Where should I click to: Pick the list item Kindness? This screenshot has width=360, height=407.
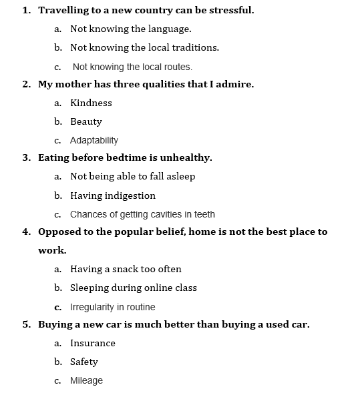(x=91, y=103)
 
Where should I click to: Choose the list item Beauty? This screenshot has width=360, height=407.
(x=86, y=121)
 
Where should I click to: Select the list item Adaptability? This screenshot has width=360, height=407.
(x=94, y=140)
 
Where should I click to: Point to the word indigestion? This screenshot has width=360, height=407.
(x=132, y=195)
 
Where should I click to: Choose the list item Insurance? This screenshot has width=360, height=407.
(x=93, y=343)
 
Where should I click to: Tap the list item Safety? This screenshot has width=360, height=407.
(x=84, y=362)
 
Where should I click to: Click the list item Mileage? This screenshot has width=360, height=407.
(x=86, y=380)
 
